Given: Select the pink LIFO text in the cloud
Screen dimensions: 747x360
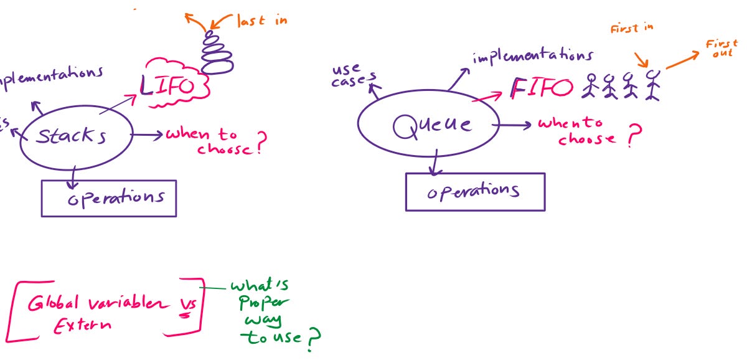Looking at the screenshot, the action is [167, 86].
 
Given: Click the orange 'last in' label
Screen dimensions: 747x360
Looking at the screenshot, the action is [261, 21].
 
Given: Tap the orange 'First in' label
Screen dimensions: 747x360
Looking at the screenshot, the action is [631, 29].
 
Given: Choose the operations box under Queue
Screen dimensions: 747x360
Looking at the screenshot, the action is [475, 191].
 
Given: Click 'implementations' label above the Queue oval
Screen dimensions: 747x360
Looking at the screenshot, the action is [532, 57].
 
